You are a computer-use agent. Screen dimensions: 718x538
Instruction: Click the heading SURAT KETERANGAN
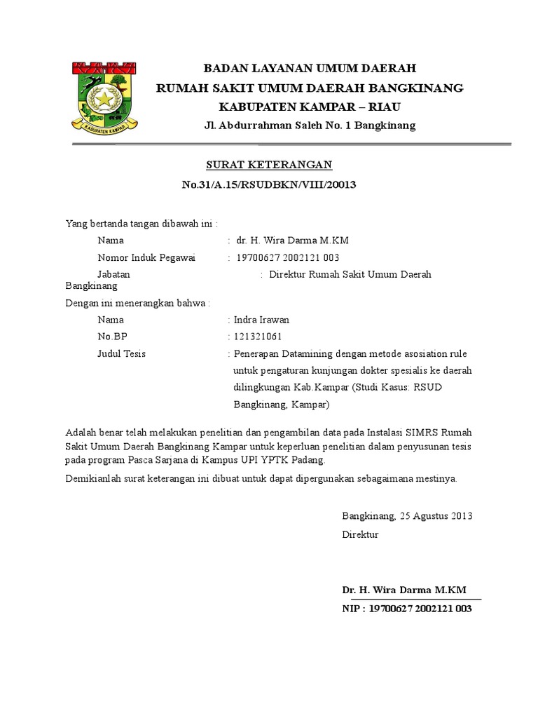click(268, 165)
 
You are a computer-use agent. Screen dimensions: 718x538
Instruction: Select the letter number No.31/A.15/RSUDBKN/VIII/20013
click(269, 185)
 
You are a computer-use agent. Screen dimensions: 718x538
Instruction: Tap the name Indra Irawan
click(261, 320)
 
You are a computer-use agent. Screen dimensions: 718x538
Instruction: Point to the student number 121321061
click(257, 337)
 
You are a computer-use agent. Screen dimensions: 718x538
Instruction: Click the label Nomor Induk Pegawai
click(147, 257)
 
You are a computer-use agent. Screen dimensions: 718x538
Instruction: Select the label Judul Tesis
click(122, 354)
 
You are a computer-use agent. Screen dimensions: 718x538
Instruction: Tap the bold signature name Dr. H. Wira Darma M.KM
click(403, 589)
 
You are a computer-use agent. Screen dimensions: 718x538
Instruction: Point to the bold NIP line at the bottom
click(407, 609)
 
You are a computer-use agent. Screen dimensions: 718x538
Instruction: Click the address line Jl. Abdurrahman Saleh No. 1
click(309, 126)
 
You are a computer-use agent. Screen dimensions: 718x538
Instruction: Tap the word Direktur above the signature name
click(360, 534)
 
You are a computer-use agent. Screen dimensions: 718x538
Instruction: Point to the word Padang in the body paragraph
click(309, 460)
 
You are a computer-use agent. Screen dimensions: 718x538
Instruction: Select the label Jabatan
click(114, 274)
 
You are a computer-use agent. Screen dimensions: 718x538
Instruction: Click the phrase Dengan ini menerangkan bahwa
click(137, 303)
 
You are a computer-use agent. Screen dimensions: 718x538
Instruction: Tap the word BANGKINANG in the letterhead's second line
click(418, 88)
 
